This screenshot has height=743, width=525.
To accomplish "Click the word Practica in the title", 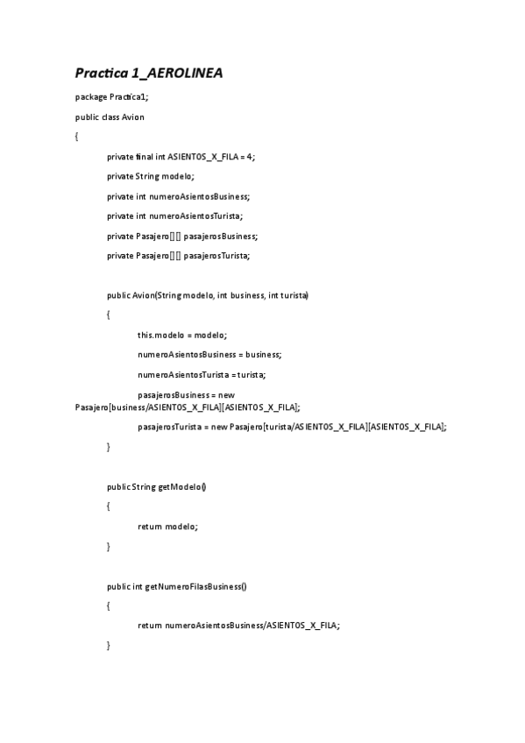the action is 103,73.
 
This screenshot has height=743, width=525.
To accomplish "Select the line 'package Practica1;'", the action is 111,96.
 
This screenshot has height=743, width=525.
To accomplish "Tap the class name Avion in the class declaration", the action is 133,117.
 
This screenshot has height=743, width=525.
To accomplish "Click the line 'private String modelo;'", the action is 151,176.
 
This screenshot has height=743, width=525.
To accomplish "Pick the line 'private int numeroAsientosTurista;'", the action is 175,216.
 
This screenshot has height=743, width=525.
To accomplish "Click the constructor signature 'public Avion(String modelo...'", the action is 208,295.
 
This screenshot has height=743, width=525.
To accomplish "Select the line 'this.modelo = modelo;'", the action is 182,335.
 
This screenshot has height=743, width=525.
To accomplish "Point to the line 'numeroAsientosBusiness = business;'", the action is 209,355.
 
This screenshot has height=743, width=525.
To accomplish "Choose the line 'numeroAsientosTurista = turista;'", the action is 202,375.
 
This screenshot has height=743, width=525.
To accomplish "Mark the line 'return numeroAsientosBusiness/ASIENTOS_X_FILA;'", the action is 238,626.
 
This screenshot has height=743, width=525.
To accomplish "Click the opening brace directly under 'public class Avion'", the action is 77,137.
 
